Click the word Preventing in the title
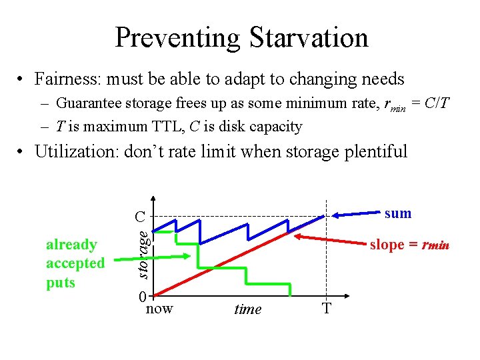pyautogui.click(x=177, y=37)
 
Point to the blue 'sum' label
pyautogui.click(x=398, y=213)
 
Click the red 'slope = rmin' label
pyautogui.click(x=409, y=245)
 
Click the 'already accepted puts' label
pyautogui.click(x=75, y=263)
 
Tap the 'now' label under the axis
pyautogui.click(x=159, y=308)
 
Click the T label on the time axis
pyautogui.click(x=327, y=309)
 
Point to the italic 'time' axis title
pyautogui.click(x=247, y=309)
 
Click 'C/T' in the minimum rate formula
pyautogui.click(x=437, y=104)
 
